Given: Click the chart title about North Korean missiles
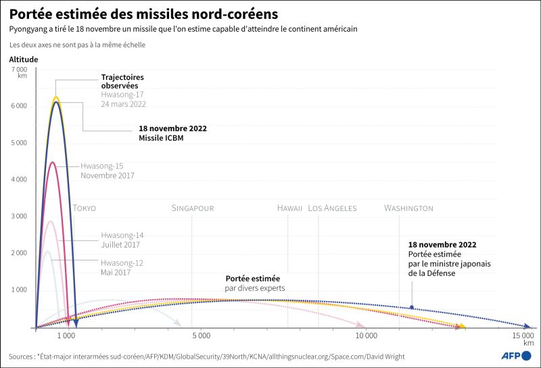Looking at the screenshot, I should pyautogui.click(x=143, y=14).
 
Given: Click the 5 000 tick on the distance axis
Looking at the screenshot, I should pyautogui.click(x=200, y=336).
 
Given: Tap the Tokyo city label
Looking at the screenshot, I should pyautogui.click(x=85, y=208).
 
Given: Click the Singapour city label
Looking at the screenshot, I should pyautogui.click(x=193, y=208).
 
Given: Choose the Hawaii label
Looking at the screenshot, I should pyautogui.click(x=289, y=208).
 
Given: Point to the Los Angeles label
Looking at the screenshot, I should pyautogui.click(x=332, y=208).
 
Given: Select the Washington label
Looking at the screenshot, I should pyautogui.click(x=408, y=208).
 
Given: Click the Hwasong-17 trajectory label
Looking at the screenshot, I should pyautogui.click(x=123, y=99).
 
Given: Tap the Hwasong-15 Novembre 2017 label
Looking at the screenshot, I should pyautogui.click(x=107, y=170).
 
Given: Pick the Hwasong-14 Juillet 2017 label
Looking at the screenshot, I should pyautogui.click(x=122, y=239).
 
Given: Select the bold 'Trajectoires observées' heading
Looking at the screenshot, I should pyautogui.click(x=122, y=81).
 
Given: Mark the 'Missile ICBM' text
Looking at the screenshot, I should pyautogui.click(x=161, y=139).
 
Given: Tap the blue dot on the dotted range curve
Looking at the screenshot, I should pyautogui.click(x=412, y=308).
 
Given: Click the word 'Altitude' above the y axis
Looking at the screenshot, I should pyautogui.click(x=24, y=60).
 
